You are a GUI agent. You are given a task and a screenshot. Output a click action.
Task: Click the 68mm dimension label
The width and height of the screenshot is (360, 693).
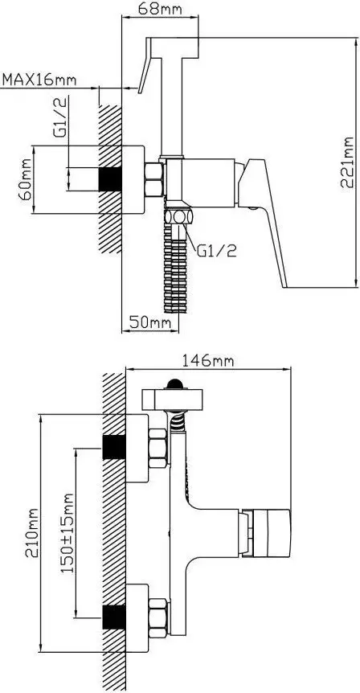coord(159,11)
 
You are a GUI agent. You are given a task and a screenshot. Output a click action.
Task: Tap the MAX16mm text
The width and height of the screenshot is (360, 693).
coord(39,80)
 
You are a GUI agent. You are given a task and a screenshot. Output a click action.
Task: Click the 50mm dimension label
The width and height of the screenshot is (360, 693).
coord(151,322)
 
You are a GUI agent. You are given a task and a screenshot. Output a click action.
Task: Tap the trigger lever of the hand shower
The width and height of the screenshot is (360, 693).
coord(145,73)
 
